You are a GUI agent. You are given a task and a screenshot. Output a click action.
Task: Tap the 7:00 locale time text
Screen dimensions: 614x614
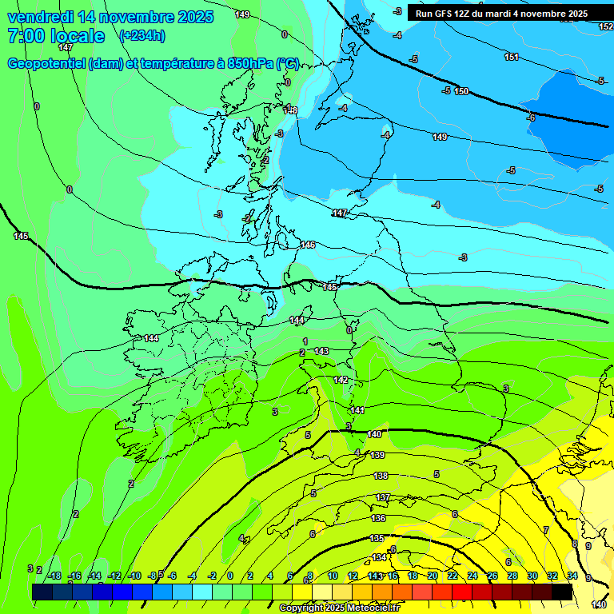tap(56, 36)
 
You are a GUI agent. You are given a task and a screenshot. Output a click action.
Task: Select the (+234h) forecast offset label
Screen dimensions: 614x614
tap(142, 36)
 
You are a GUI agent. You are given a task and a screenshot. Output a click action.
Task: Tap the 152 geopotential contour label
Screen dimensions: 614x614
tap(605, 26)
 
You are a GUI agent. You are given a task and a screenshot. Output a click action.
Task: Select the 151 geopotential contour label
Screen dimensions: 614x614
tap(512, 57)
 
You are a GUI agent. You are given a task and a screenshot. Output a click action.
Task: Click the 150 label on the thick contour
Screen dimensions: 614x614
tap(461, 91)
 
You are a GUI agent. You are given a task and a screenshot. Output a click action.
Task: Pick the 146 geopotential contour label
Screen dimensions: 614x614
tap(308, 245)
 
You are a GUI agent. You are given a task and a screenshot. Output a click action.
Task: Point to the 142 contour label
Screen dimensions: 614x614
tap(341, 380)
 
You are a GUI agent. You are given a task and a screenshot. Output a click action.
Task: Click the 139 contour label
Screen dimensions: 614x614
tap(377, 455)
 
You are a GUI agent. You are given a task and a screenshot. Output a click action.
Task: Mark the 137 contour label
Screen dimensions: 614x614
tap(383, 497)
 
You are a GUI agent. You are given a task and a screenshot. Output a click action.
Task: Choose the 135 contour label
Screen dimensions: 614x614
tap(377, 538)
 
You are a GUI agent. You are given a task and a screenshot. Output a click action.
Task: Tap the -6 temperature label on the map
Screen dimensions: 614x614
tap(531, 118)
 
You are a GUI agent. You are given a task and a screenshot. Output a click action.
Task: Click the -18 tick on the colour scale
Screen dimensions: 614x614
tap(54, 576)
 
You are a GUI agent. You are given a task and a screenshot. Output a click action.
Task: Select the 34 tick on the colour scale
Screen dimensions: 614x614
tap(572, 576)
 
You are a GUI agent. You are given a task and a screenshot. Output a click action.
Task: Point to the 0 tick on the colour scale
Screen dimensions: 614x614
tap(230, 576)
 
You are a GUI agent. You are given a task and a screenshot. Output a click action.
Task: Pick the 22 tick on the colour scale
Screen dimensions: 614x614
tap(453, 576)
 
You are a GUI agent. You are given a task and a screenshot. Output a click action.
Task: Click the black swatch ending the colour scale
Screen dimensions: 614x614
tap(562, 592)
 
